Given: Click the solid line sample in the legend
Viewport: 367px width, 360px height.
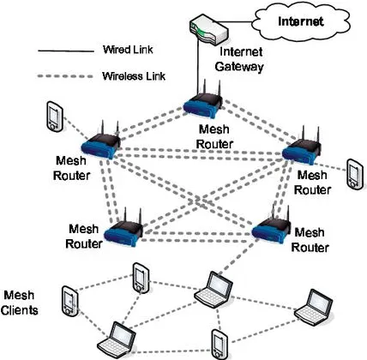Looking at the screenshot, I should coord(65,51).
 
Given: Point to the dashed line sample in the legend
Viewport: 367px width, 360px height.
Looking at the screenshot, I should coord(65,75).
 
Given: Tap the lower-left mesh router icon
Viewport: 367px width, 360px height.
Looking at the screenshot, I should coord(125,226).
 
